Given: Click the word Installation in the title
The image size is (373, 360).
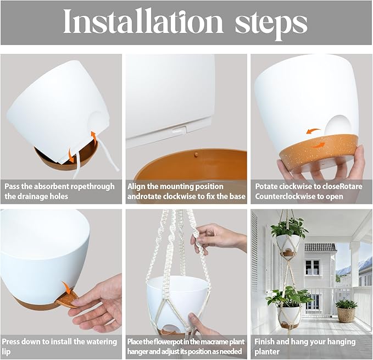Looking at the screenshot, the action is (143, 21).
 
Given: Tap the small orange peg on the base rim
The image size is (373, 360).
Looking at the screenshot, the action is (196, 154).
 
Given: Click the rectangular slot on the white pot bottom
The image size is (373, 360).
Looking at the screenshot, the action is (180, 130).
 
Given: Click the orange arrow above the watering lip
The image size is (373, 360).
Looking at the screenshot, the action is (67, 287).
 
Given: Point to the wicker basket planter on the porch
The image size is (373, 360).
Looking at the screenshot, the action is (346, 311).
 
